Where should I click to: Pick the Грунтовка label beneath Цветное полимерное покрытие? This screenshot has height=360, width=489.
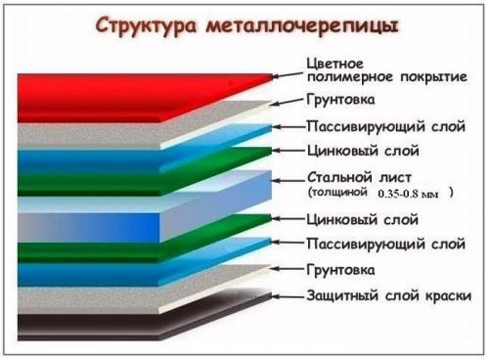[x=343, y=100]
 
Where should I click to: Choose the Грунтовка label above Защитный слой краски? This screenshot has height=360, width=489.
[x=343, y=267]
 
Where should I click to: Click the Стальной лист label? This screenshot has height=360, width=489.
[x=354, y=179]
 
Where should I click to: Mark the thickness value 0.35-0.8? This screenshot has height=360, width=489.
[x=401, y=194]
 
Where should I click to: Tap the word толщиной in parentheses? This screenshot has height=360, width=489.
[x=343, y=194]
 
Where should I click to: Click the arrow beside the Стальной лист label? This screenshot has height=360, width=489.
[x=285, y=180]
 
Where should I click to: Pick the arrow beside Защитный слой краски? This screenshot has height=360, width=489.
[x=285, y=294]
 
